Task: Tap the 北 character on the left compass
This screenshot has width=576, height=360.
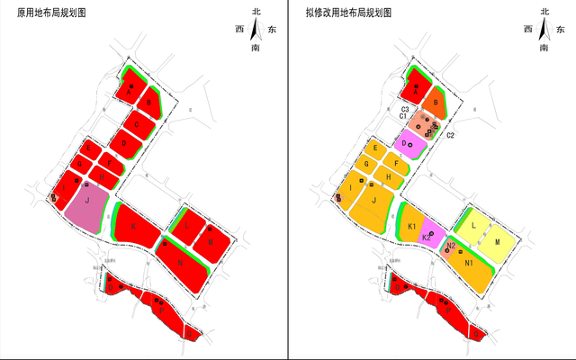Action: (x=256, y=11)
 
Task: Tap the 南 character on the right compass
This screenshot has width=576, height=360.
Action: (x=545, y=47)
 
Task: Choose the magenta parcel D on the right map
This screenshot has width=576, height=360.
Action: (x=409, y=143)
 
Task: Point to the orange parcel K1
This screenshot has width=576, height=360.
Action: (x=410, y=225)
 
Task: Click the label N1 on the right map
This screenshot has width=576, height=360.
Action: (x=470, y=262)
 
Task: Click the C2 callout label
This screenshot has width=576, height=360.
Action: (x=451, y=135)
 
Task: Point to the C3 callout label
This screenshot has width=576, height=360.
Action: (x=405, y=109)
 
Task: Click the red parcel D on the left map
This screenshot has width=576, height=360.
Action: (x=123, y=142)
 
